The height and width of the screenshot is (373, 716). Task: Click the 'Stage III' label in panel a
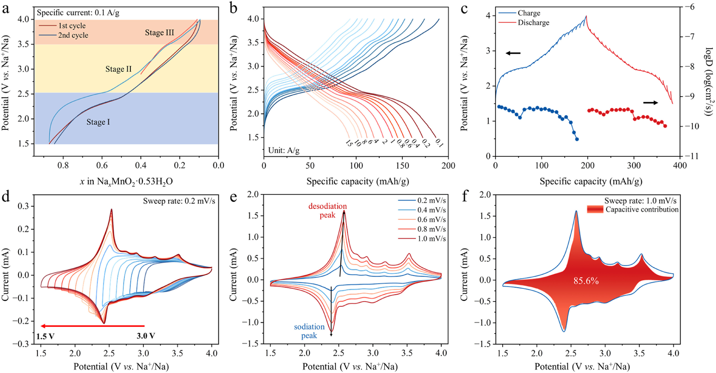[x=159, y=33]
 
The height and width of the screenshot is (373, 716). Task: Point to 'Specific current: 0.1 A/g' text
[x=78, y=13]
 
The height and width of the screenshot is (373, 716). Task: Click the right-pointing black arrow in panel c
[x=650, y=103]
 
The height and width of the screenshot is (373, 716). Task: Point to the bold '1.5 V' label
[x=45, y=336]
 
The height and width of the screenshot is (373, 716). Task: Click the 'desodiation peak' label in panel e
[x=327, y=211]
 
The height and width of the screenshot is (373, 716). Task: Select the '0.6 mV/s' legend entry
[x=431, y=220]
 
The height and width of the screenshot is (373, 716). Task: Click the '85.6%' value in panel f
[x=586, y=281]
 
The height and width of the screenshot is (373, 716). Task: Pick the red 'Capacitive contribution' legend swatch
[x=595, y=209]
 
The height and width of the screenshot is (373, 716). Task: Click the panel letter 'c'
[x=464, y=9]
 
